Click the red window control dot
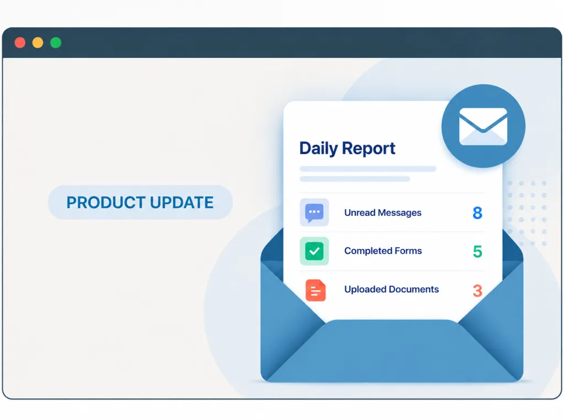coord(20,43)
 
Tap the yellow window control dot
coord(38,43)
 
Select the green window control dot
coord(56,43)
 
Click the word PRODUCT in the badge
coord(106,203)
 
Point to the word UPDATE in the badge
coord(182,203)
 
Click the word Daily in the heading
coord(318,149)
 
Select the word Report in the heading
coord(368,148)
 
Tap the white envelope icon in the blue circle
coord(483,126)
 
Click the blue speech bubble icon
coord(314,212)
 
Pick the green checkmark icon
coord(314,251)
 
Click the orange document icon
coord(316,290)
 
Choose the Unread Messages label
coord(383,213)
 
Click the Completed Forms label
coord(383,250)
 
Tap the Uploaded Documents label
coord(392,289)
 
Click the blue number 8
coord(478,213)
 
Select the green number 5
coord(478,252)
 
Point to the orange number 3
coord(478,291)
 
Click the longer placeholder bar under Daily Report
coord(367,168)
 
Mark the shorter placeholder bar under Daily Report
coord(355,179)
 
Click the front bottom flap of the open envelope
coord(392,354)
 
